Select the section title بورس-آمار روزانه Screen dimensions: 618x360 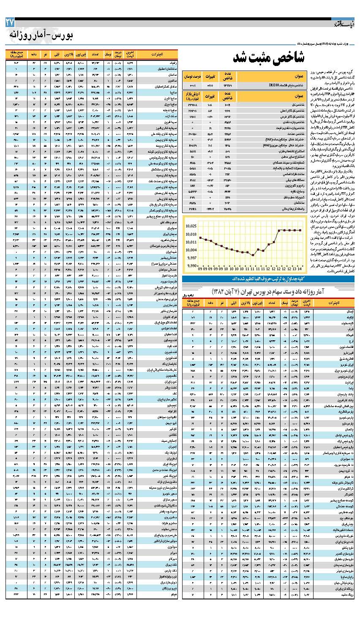tap(41, 36)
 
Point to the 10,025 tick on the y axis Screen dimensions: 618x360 tap(191, 226)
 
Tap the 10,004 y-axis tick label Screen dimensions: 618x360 tap(191, 250)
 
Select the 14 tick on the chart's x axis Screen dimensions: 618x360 tap(300, 269)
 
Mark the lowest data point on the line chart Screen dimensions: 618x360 tap(252, 255)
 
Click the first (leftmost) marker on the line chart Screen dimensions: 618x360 tap(200, 238)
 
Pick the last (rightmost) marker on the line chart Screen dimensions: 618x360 tap(300, 230)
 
